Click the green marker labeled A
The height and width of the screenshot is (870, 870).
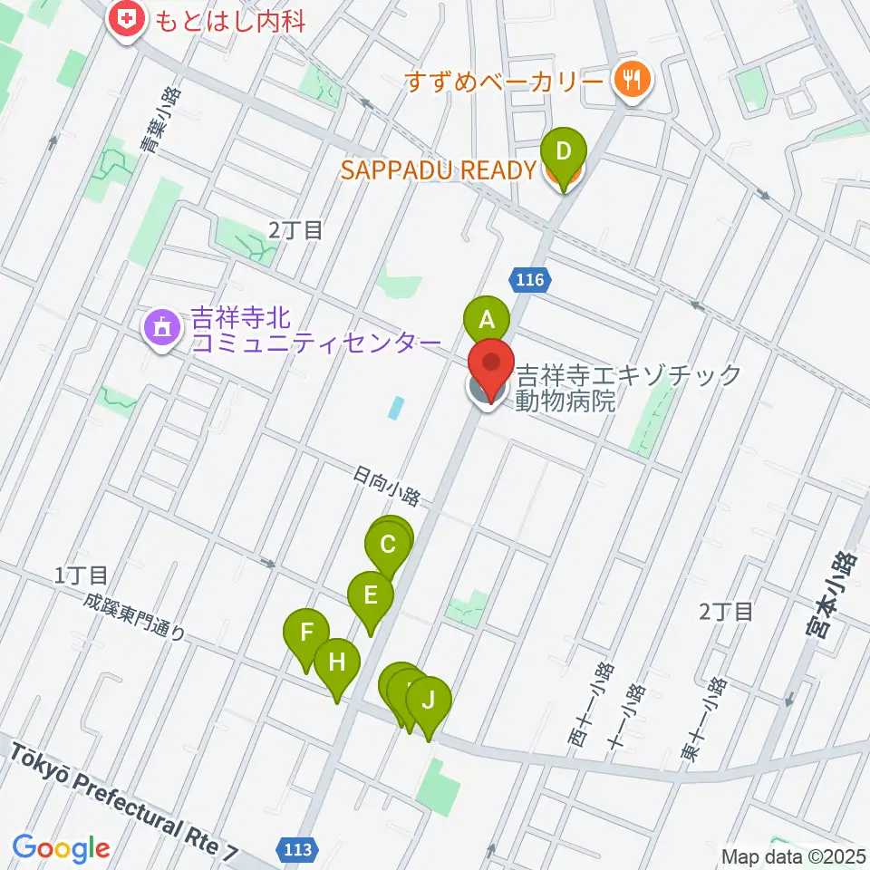point(487,319)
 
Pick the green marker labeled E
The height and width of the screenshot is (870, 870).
point(370,596)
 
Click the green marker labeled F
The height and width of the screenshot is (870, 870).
point(307,633)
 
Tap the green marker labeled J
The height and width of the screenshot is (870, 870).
point(429,700)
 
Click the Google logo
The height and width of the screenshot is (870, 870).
point(61,848)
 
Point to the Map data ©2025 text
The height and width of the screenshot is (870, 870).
point(794,855)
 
